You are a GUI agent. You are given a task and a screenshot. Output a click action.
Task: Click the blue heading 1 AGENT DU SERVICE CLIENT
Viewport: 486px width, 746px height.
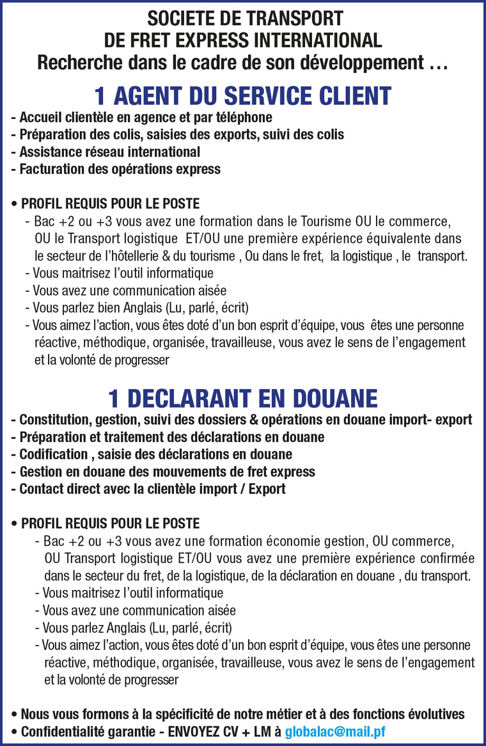(243, 96)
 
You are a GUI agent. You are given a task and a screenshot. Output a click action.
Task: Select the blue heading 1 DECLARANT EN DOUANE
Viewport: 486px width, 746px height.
(243, 398)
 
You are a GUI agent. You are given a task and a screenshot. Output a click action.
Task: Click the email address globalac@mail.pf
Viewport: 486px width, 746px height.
(335, 732)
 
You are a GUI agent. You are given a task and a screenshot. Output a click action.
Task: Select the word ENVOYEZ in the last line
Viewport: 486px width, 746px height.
(192, 732)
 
